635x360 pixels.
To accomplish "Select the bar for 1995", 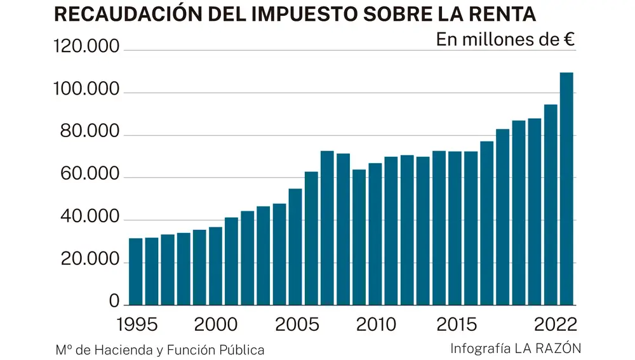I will [x=135, y=272].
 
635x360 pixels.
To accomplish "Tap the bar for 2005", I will [x=295, y=247].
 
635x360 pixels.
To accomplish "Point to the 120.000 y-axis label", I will [x=87, y=48].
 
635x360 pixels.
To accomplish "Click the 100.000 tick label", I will [x=87, y=90].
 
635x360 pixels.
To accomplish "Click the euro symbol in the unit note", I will [x=569, y=39].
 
